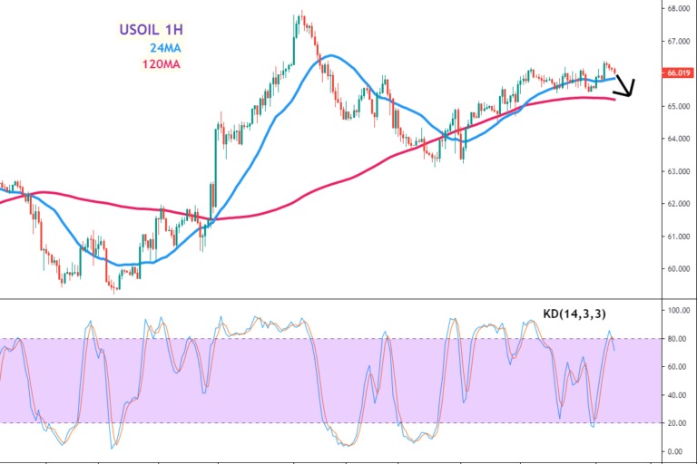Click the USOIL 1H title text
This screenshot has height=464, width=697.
coord(151,30)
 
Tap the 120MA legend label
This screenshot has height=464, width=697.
coord(162,64)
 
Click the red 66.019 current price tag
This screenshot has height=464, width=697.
coord(677,73)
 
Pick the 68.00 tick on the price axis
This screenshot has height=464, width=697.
coord(677,9)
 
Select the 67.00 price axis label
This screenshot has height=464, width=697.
coord(677,42)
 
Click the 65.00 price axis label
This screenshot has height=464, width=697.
coord(677,106)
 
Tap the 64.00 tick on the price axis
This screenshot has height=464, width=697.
coord(677,139)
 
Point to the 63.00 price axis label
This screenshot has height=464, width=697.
coord(677,171)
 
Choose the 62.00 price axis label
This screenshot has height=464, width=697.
coord(677,204)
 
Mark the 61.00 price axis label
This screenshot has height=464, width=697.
coord(677,237)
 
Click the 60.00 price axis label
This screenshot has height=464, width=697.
coord(677,269)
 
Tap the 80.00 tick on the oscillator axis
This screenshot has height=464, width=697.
coord(677,339)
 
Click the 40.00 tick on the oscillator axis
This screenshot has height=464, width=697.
coord(677,395)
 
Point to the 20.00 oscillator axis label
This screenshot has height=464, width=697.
coord(677,423)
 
